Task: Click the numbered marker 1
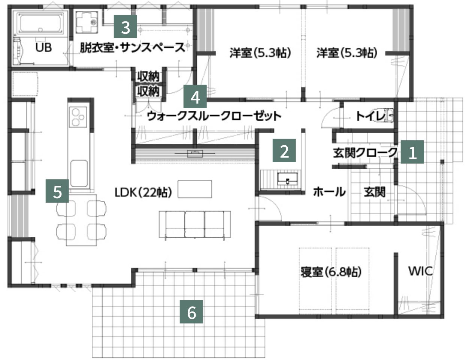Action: coord(412,152)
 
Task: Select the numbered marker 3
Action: coord(125,27)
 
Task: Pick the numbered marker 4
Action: coord(195,97)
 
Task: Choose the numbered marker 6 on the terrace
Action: coord(191,311)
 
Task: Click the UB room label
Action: coord(43,48)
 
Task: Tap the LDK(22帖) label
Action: coord(143,193)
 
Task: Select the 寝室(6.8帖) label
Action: coord(331,271)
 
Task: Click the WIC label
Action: coord(420,271)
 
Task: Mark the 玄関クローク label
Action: coord(365,153)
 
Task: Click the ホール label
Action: coord(329,192)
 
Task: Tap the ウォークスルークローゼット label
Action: coord(214,116)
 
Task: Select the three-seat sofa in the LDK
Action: coord(194,224)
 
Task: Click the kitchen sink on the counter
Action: coord(79,173)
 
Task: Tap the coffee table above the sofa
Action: coord(194,189)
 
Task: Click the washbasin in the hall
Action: coord(288,180)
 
